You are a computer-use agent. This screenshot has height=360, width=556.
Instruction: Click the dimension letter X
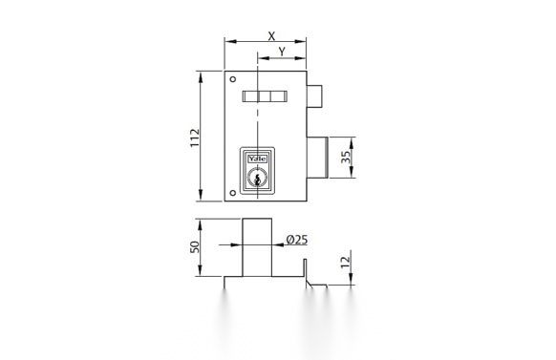271,36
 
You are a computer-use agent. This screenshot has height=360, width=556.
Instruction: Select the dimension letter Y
282,52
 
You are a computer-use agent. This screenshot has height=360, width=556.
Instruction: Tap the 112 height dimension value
195,138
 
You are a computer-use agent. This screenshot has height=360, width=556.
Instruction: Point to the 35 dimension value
346,158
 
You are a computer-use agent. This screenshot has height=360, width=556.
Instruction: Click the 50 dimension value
195,247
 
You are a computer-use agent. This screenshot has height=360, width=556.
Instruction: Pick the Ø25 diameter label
297,240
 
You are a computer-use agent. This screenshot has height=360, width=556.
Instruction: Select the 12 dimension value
346,263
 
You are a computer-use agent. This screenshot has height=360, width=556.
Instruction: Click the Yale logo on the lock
257,159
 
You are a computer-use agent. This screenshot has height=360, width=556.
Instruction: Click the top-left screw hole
232,79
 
